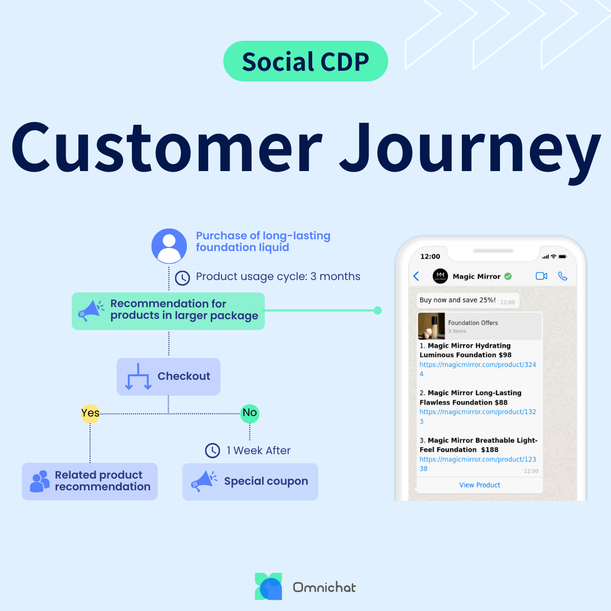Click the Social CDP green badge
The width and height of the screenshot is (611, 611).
[x=305, y=62]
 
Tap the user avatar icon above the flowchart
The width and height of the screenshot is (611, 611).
[x=169, y=246]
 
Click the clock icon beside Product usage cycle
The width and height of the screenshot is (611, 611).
[x=182, y=277]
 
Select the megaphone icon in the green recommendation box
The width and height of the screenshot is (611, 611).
[x=90, y=311]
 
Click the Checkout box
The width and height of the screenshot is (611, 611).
[x=169, y=377]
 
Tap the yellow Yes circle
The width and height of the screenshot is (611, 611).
[x=90, y=413]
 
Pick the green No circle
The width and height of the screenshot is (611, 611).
[x=249, y=413]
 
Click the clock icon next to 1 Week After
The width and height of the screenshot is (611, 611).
[x=212, y=451]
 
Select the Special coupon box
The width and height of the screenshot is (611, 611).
[x=250, y=482]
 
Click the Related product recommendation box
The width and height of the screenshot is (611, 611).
[x=90, y=482]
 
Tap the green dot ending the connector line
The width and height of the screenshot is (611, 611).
[x=377, y=311]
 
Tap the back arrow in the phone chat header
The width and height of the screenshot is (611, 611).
[x=416, y=276]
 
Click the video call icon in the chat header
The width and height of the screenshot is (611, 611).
[x=541, y=276]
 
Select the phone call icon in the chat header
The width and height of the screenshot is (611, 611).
[x=563, y=276]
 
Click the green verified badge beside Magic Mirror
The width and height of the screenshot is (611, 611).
[x=508, y=276]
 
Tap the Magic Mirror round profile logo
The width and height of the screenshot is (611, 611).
[x=440, y=276]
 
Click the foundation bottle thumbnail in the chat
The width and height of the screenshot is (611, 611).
[x=431, y=326]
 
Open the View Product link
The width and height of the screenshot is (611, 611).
[x=480, y=485]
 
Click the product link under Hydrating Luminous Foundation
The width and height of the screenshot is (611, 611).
[x=477, y=365]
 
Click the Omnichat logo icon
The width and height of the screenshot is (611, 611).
[x=268, y=587]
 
